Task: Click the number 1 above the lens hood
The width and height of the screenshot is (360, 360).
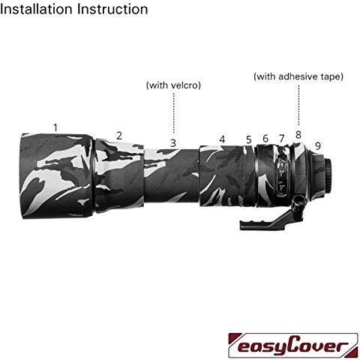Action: point(55,127)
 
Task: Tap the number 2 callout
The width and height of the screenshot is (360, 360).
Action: point(119,136)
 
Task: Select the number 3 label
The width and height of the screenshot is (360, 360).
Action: point(173,143)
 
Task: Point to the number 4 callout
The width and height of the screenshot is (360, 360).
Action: point(222,139)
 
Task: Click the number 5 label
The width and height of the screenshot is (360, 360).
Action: point(248,139)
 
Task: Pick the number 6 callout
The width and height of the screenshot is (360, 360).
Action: point(265,139)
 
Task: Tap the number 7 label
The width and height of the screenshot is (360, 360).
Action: point(282,138)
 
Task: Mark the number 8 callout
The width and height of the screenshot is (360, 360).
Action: point(298,135)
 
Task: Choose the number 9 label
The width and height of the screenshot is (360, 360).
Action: point(318,145)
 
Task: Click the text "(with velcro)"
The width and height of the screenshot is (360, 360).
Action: point(173,85)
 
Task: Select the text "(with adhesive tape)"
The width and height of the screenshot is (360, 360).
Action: point(298,76)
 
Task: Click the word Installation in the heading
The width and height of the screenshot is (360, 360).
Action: point(37,9)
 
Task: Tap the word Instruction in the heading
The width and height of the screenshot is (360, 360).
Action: point(112,9)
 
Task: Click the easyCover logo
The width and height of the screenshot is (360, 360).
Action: point(293,345)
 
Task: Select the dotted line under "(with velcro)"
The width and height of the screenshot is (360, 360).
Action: point(174,112)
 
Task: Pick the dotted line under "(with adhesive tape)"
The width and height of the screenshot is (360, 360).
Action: point(298,105)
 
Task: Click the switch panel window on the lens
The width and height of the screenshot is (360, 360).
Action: point(281,175)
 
